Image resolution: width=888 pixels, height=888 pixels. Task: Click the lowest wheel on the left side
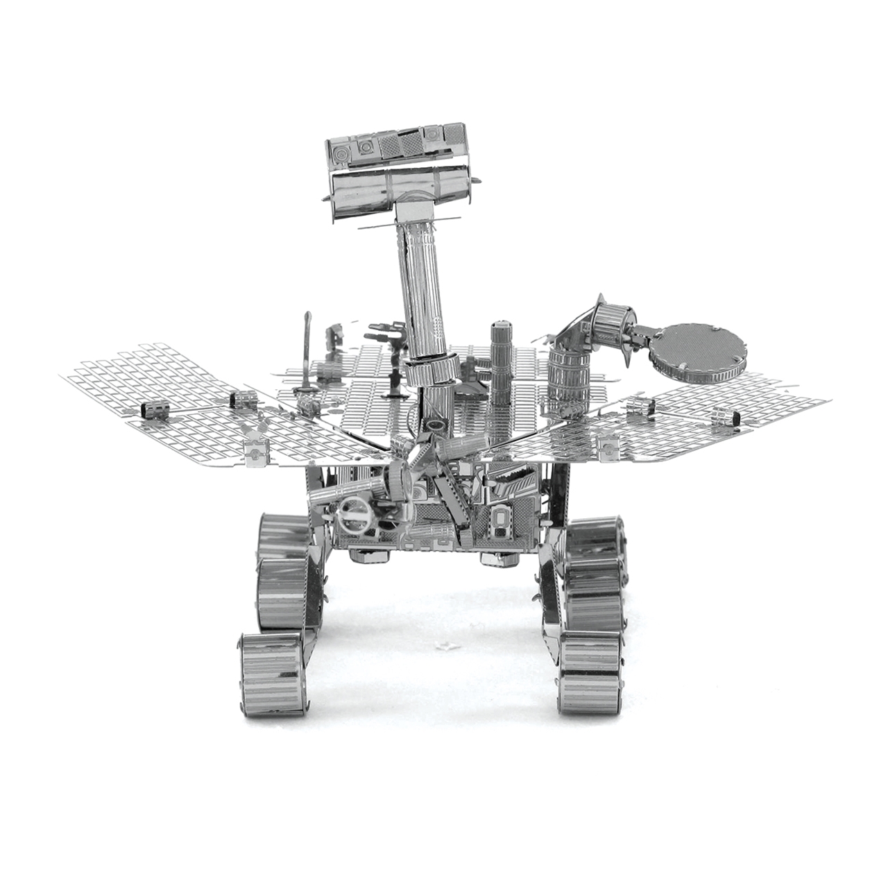tap(270, 665)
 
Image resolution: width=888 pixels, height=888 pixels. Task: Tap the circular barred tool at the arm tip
tap(355, 516)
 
